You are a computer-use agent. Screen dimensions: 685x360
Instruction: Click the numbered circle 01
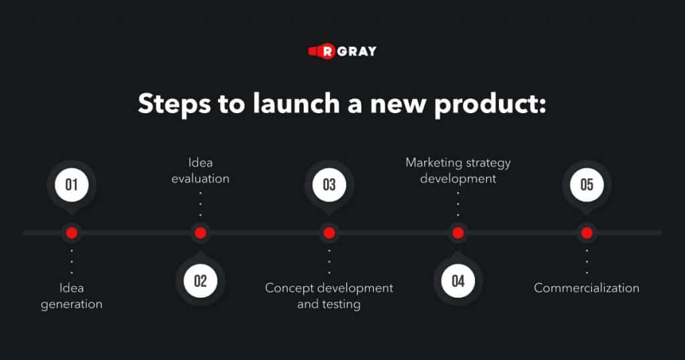point(72,185)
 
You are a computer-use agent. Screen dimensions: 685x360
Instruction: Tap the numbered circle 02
point(200,281)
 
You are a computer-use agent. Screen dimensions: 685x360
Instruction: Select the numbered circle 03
point(329,185)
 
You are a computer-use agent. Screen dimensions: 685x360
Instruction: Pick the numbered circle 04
point(458,281)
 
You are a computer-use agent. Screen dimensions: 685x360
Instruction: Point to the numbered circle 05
point(587,185)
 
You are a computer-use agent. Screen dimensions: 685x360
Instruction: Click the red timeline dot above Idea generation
point(72,233)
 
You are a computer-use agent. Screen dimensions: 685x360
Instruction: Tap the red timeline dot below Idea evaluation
point(201,233)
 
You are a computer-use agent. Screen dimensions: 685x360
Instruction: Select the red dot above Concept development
point(329,233)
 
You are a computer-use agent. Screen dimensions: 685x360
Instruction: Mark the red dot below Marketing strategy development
point(458,233)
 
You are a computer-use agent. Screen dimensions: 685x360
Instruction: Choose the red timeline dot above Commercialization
point(587,233)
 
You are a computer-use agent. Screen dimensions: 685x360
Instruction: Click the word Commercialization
point(587,288)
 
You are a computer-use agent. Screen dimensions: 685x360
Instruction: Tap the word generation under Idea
point(72,304)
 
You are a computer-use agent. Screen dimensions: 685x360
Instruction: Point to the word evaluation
point(200,179)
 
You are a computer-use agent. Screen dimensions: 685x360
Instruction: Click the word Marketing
point(431,163)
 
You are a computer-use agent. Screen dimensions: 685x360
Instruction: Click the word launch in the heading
point(296,104)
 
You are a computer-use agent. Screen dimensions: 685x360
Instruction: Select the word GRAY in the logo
point(357,52)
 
